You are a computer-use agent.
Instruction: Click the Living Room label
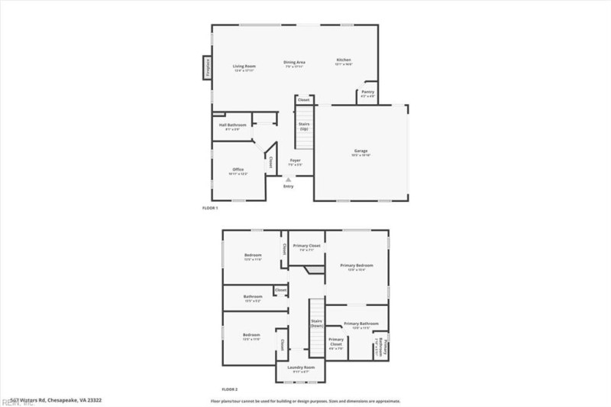point(244,67)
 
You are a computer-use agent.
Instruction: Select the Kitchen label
point(344,60)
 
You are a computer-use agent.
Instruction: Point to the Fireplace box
point(205,68)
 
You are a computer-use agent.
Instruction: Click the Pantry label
point(368,93)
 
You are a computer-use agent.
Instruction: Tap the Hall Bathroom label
point(232,125)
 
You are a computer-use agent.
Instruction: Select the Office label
point(238,170)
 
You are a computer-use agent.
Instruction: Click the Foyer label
point(295,161)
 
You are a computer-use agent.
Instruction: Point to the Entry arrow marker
point(288,179)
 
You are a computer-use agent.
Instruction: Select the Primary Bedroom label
point(356,265)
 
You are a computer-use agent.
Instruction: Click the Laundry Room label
point(301,367)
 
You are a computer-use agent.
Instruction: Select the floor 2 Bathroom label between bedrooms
point(253,297)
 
